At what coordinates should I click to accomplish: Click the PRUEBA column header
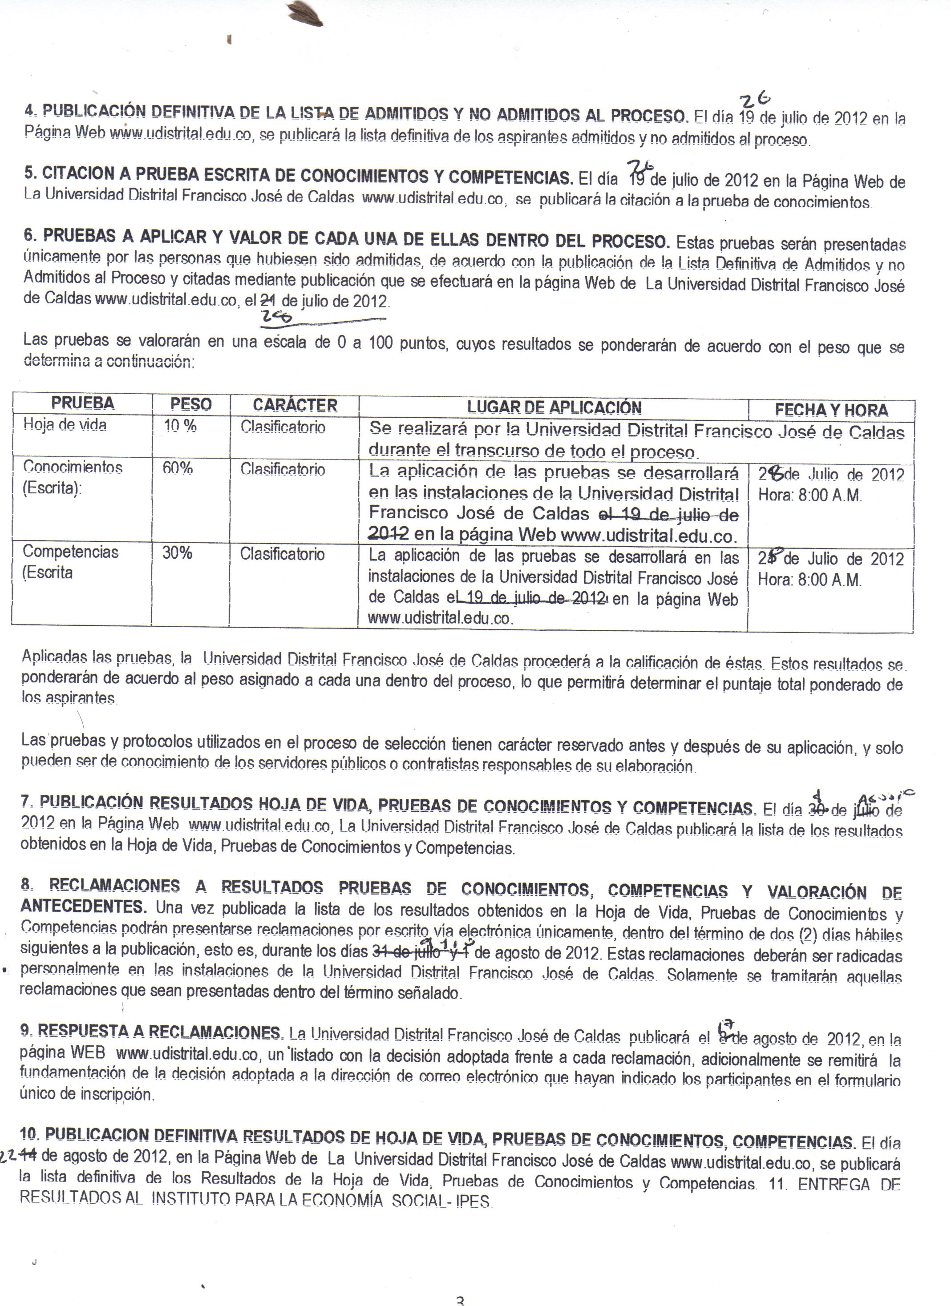[82, 403]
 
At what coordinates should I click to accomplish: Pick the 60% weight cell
[178, 468]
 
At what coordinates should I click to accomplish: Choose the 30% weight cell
[177, 553]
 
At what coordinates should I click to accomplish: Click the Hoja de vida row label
[65, 425]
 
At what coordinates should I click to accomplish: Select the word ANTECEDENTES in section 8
[83, 907]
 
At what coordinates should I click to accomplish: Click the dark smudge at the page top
[305, 14]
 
